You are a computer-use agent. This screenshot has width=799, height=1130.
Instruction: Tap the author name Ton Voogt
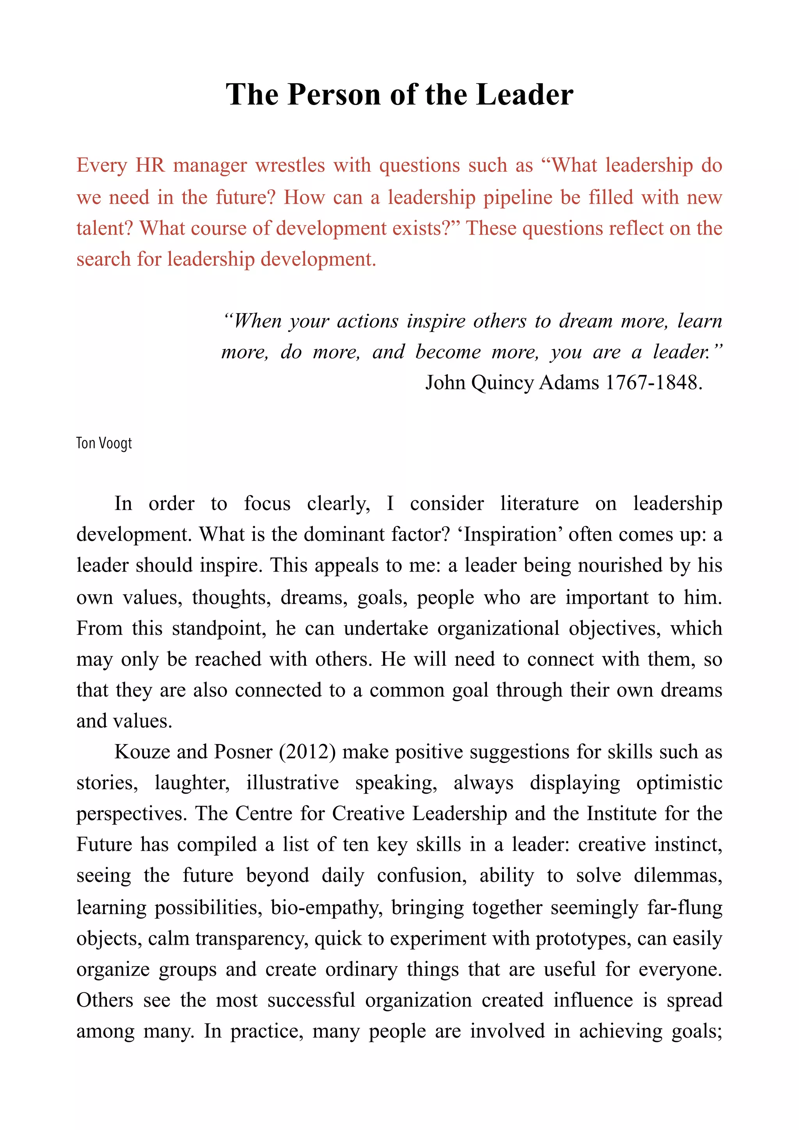[x=104, y=443]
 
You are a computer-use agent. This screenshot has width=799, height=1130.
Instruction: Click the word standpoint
[x=219, y=629]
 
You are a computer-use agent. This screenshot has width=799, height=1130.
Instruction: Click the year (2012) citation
[x=307, y=752]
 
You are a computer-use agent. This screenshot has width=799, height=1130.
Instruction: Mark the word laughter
[x=192, y=783]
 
